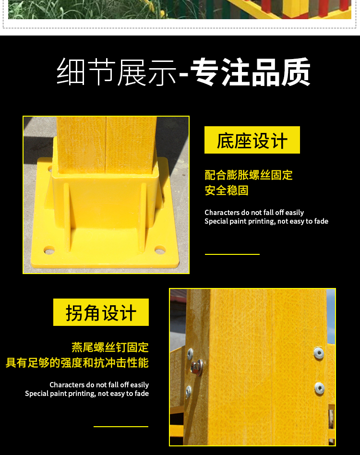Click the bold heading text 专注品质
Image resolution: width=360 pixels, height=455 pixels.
[x=251, y=72]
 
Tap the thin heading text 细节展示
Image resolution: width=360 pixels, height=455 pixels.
[x=117, y=72]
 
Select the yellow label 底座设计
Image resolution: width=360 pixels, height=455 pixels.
[x=252, y=140]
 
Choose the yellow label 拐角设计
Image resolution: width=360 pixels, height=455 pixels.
[x=101, y=312]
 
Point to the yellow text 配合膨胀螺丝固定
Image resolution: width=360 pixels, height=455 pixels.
[x=249, y=175]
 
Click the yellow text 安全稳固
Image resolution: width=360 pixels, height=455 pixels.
[x=227, y=191]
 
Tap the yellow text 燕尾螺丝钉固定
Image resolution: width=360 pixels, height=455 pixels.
[x=110, y=347]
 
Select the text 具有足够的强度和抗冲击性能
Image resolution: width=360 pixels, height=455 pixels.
[x=77, y=362]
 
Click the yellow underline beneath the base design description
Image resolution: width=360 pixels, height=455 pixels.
[x=232, y=254]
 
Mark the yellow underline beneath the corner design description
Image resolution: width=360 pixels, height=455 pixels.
[x=121, y=427]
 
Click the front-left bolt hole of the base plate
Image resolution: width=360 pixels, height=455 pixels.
[x=49, y=250]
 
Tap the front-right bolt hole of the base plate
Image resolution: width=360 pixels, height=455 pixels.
[x=160, y=249]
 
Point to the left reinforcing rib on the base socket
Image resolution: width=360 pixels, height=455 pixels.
[x=67, y=217]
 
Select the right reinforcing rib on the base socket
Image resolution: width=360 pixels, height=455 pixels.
[x=143, y=217]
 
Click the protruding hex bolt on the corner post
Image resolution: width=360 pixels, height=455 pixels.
[x=197, y=367]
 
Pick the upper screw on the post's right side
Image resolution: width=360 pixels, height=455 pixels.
[x=319, y=353]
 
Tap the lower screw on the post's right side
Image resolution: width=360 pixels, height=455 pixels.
[x=319, y=389]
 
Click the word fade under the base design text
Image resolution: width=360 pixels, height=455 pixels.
[x=321, y=221]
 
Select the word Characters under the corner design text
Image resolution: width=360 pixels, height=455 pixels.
[x=67, y=385]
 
